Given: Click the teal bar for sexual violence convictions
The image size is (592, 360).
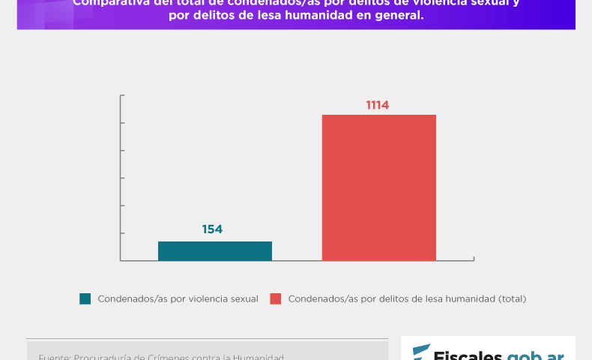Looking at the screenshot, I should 215,250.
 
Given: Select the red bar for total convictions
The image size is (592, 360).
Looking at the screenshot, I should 379,187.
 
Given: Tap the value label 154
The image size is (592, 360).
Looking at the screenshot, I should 213,229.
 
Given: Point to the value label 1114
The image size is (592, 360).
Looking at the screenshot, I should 378,105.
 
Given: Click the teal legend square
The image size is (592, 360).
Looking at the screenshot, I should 85,298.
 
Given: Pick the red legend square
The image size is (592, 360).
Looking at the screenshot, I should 276,298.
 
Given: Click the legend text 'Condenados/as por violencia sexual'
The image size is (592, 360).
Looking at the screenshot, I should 178,298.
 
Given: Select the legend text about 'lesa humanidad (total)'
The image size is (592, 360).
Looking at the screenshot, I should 407,298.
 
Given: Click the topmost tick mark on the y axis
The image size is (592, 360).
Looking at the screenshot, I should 121,95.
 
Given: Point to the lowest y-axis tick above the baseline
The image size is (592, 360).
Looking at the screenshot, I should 121,233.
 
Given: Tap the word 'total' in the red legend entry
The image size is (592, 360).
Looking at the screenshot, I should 511,298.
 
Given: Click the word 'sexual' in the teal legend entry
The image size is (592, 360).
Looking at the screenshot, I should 244,298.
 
